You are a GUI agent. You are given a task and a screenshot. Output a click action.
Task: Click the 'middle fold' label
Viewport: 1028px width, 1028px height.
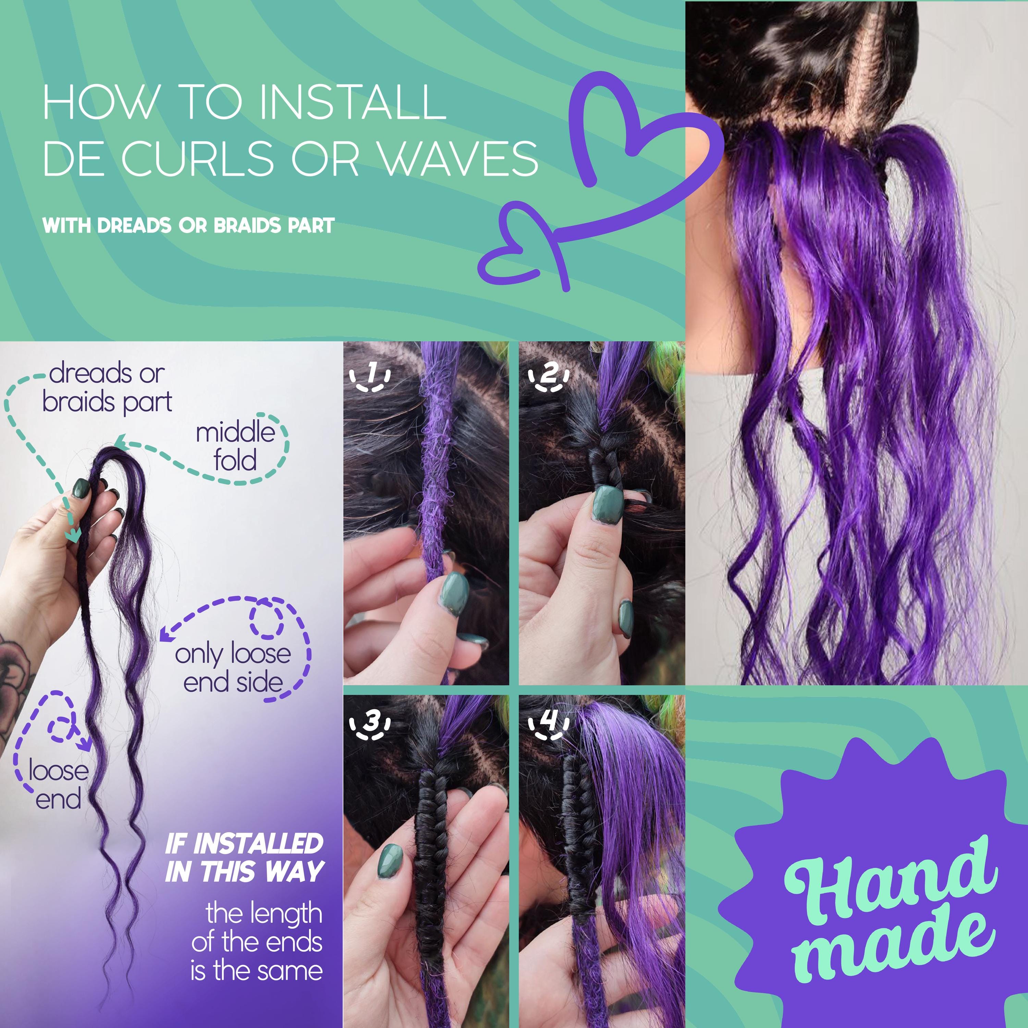click(x=235, y=446)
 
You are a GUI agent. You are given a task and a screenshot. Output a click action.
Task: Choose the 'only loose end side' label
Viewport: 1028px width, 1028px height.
click(x=233, y=668)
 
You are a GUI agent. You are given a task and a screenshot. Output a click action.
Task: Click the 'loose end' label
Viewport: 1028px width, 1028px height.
click(x=59, y=785)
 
